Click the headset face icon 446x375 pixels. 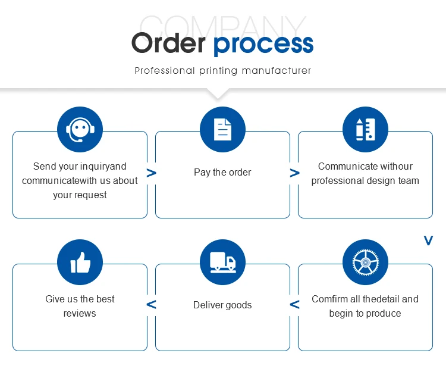pyautogui.click(x=80, y=130)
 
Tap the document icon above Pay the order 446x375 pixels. pyautogui.click(x=222, y=129)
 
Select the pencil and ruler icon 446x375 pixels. pyautogui.click(x=366, y=130)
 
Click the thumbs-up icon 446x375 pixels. pyautogui.click(x=80, y=262)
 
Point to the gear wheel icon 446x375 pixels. pyautogui.click(x=366, y=262)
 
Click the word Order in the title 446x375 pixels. pyautogui.click(x=168, y=43)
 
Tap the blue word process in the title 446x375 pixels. pyautogui.click(x=263, y=45)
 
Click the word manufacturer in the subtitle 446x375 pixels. pyautogui.click(x=276, y=70)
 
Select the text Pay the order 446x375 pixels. pyautogui.click(x=222, y=172)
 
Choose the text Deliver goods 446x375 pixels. pyautogui.click(x=222, y=305)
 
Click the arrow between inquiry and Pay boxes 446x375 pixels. pyautogui.click(x=151, y=173)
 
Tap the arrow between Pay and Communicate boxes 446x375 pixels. pyautogui.click(x=294, y=173)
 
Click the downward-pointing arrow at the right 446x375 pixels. pyautogui.click(x=428, y=240)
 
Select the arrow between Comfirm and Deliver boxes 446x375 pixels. pyautogui.click(x=294, y=304)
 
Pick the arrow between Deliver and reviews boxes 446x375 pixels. pyautogui.click(x=151, y=304)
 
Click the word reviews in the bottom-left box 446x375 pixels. pyautogui.click(x=80, y=314)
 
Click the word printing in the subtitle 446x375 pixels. pyautogui.click(x=218, y=71)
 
